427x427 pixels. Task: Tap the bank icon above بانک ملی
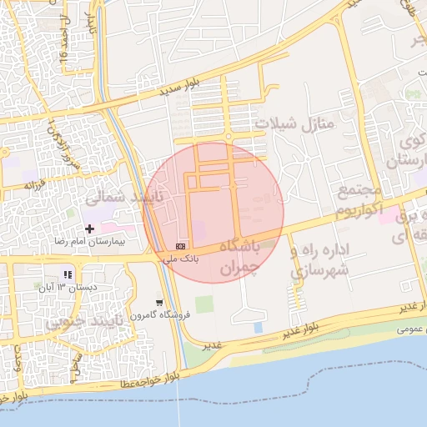coord(181,246)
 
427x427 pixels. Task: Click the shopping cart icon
coord(159,302)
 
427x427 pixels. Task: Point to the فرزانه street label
coord(34,183)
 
